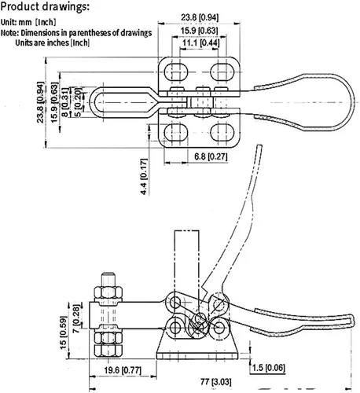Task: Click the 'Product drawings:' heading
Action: [45, 6]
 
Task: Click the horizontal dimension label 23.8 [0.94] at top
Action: [200, 17]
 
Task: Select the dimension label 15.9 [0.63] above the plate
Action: [199, 31]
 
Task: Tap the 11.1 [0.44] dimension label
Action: [200, 42]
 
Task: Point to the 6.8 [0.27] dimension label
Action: [211, 156]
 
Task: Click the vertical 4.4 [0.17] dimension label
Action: [144, 177]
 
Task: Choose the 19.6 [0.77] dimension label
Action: [123, 370]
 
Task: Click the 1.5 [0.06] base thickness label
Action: [268, 368]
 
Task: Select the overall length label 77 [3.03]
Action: [216, 382]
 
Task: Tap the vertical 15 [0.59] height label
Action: [63, 332]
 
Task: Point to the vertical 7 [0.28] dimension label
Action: [76, 319]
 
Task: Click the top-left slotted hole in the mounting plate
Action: [177, 72]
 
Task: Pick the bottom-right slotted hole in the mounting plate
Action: [222, 132]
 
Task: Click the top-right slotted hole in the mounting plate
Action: [222, 72]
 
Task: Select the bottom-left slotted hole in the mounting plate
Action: [177, 132]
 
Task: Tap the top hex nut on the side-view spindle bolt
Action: [108, 293]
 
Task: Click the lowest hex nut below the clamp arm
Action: [108, 351]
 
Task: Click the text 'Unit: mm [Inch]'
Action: [28, 22]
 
